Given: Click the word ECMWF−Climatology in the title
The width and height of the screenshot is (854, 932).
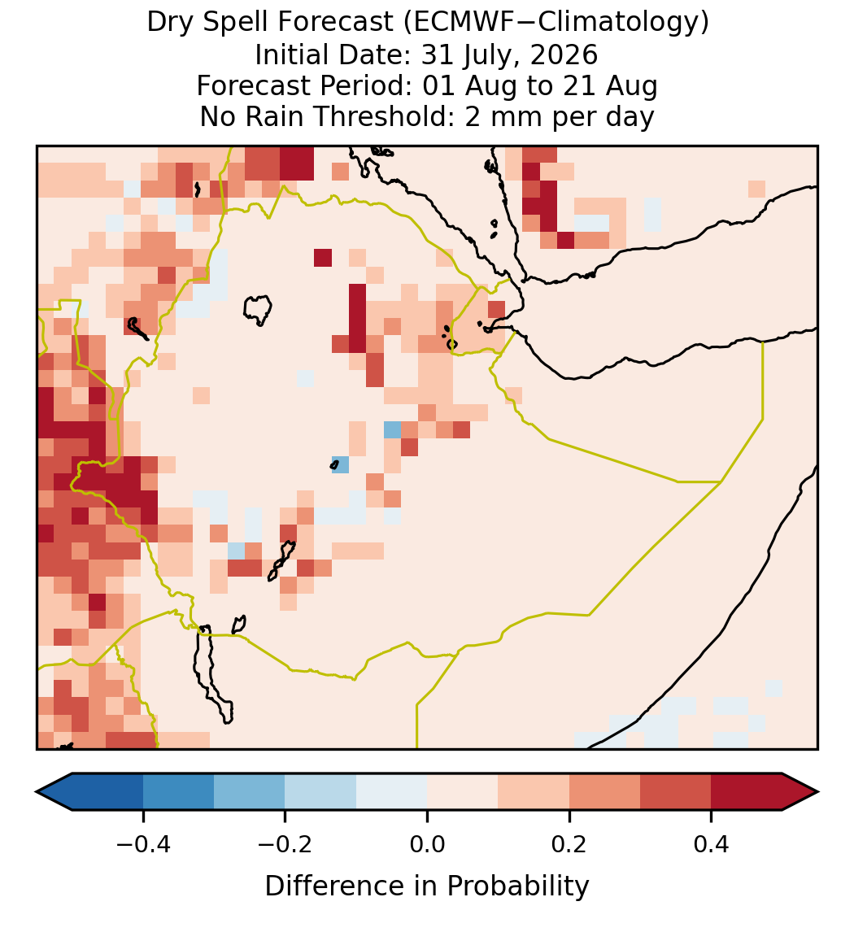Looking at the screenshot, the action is click(556, 23).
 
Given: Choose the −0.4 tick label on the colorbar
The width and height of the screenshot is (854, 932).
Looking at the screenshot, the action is click(143, 843).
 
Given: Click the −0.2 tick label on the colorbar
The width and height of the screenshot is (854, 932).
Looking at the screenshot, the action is click(285, 843).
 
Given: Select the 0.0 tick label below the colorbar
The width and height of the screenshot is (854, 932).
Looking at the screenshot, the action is click(427, 843).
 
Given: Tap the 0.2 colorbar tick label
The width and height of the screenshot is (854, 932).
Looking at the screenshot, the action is click(569, 843).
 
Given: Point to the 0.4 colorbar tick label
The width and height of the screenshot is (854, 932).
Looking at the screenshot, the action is click(712, 843).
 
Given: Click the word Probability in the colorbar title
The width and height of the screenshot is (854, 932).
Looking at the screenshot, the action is click(517, 886).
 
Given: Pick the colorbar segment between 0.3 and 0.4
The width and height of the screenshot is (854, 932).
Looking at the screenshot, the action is click(676, 792).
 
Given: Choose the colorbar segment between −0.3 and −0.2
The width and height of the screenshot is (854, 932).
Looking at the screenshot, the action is click(249, 792).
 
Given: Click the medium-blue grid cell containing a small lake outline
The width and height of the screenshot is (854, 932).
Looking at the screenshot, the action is click(341, 464).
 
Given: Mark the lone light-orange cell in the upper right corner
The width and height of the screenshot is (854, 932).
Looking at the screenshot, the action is click(756, 189).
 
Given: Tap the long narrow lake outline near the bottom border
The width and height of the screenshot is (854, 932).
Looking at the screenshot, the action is click(211, 674).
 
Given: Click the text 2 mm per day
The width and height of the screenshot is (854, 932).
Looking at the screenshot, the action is click(560, 116).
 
